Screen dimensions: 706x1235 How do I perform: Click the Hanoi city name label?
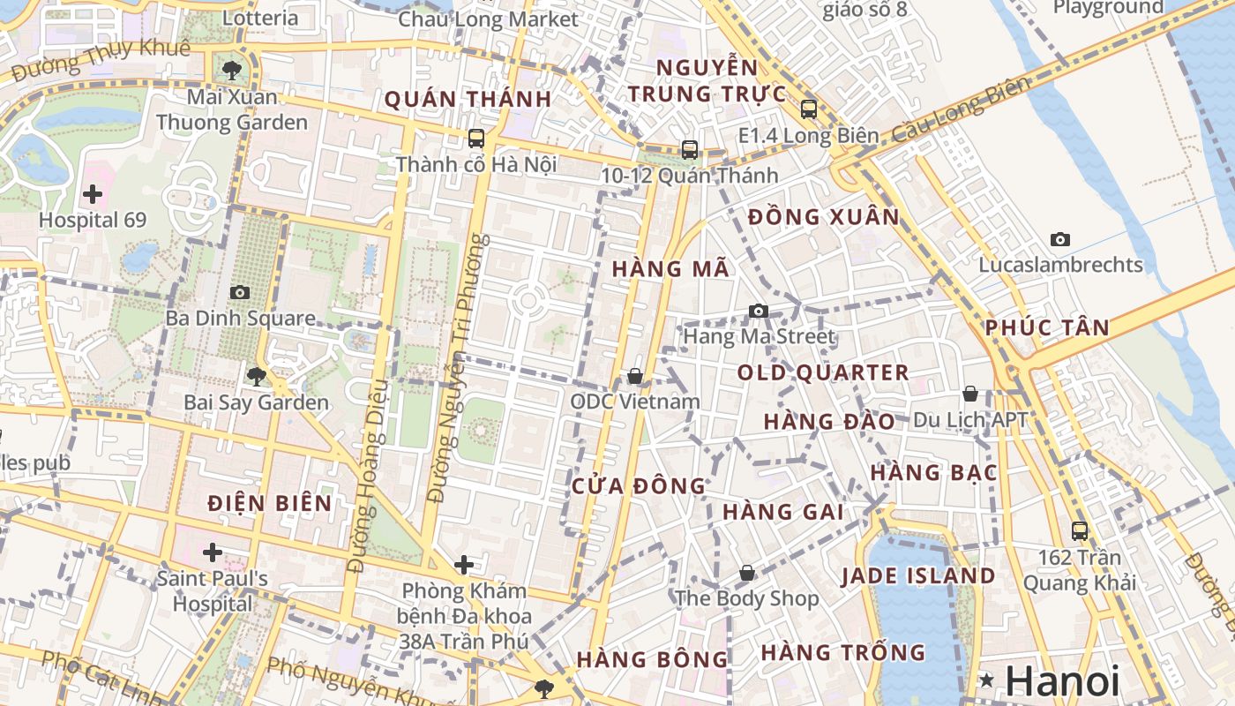click(1062, 681)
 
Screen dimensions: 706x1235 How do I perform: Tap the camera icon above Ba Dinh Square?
click(239, 292)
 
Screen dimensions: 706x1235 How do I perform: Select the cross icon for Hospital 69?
click(93, 194)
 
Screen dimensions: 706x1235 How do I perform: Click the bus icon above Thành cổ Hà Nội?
click(476, 139)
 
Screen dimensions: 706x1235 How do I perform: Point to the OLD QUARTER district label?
click(823, 372)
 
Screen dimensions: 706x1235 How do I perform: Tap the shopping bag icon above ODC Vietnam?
click(634, 376)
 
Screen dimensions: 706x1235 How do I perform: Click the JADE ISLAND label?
click(918, 576)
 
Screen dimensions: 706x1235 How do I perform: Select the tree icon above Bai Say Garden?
click(256, 377)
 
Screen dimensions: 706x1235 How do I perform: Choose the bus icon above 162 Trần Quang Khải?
click(1080, 530)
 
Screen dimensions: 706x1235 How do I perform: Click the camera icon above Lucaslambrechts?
click(1060, 239)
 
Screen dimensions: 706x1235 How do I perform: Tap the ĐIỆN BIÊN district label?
click(270, 503)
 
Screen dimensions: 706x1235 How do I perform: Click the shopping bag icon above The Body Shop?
click(747, 573)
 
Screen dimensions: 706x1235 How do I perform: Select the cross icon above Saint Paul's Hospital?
click(213, 552)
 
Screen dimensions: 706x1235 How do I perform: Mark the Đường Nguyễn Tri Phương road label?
click(457, 368)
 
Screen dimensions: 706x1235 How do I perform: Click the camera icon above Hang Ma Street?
click(758, 311)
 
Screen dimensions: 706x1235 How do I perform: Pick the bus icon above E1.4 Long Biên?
click(809, 109)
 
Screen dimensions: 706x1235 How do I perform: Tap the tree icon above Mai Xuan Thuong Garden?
click(232, 70)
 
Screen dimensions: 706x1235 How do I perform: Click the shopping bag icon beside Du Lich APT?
click(970, 394)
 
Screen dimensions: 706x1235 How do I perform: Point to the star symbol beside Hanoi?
click(987, 680)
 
